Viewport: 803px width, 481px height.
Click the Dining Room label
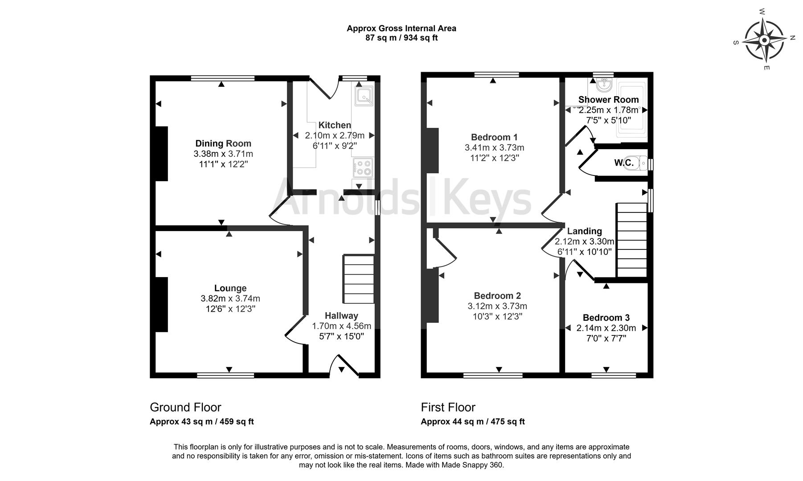click(x=223, y=143)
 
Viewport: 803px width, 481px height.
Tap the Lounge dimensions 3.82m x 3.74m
click(x=230, y=298)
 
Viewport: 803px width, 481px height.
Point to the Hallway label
click(x=341, y=316)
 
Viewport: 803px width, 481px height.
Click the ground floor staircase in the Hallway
click(x=358, y=279)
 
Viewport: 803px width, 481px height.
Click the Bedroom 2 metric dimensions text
click(x=497, y=306)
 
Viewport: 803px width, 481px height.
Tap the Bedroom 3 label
click(x=606, y=318)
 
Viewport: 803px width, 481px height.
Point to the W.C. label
click(x=623, y=163)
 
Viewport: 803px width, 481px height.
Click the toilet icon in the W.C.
click(x=642, y=163)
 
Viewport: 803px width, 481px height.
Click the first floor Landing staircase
click(x=631, y=240)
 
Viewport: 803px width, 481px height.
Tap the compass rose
click(x=764, y=41)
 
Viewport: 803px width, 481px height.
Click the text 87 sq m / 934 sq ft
click(x=401, y=38)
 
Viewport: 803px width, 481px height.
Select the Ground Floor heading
click(x=185, y=407)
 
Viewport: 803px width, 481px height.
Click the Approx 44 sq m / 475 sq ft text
click(x=472, y=421)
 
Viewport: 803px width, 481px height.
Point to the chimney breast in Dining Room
click(x=161, y=154)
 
